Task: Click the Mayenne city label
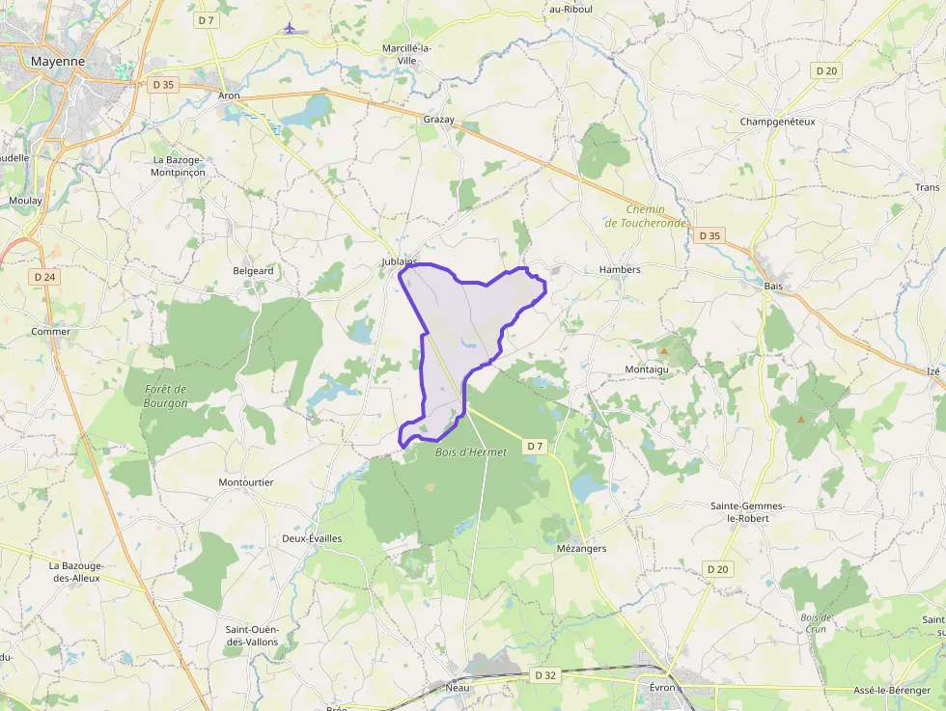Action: tap(58, 61)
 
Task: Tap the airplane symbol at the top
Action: tap(290, 27)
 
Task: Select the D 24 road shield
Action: tap(44, 277)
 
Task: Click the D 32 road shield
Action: tap(545, 676)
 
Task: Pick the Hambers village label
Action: tap(620, 269)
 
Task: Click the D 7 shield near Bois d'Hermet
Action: tap(536, 446)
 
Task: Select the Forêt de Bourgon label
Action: tap(165, 396)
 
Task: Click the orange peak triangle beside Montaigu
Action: tap(664, 350)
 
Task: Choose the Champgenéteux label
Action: tap(777, 122)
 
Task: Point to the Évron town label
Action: tap(662, 687)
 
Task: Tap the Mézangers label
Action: tap(582, 548)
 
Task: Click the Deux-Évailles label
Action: tap(312, 538)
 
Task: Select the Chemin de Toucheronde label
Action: tap(646, 216)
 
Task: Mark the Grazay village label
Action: tap(438, 120)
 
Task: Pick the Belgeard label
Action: tap(253, 271)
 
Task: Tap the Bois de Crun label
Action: tap(817, 622)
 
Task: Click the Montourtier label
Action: tap(246, 481)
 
